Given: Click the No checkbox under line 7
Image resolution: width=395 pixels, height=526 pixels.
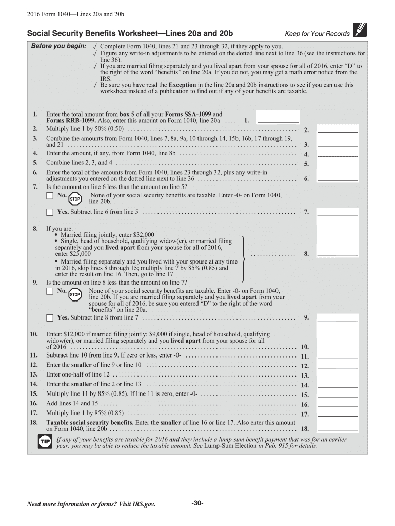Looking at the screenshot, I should click(50, 196).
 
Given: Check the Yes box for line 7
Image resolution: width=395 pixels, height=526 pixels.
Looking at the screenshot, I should click(50, 212).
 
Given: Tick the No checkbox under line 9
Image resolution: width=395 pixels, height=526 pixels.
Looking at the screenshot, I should click(50, 291).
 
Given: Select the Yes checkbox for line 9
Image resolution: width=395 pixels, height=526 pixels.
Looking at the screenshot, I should click(50, 317).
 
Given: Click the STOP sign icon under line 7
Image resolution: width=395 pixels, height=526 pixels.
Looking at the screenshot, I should click(75, 198).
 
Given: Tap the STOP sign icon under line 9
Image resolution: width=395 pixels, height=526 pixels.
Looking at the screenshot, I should click(75, 294).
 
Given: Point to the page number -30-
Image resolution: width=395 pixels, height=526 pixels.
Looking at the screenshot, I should click(197, 503).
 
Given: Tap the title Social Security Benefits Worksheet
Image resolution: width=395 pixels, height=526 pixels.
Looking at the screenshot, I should click(103, 33).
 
